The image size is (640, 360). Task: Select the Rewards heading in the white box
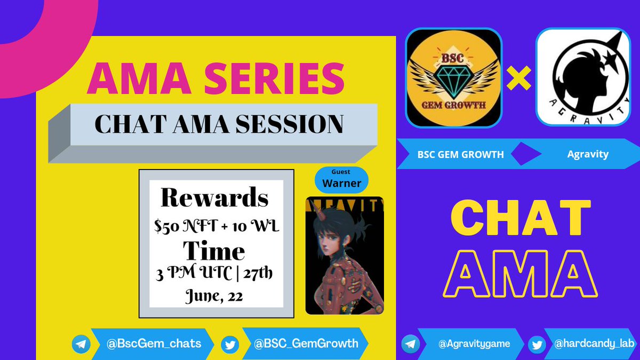214,198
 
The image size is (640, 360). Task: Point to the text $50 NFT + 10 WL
214,226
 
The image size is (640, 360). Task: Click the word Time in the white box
214,251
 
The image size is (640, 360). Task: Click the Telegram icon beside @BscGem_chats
81,345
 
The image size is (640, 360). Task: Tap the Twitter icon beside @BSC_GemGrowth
230,345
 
